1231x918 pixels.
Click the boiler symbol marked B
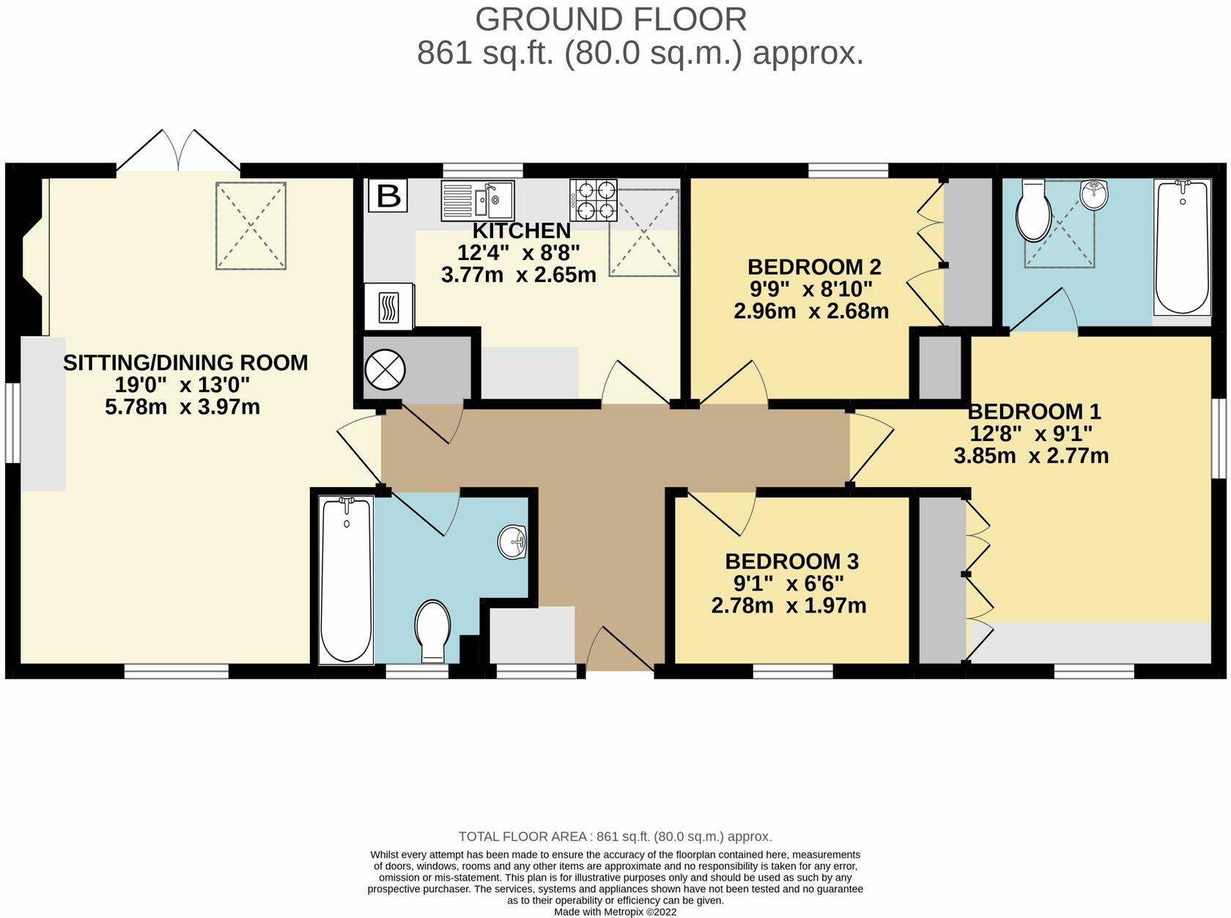click(388, 196)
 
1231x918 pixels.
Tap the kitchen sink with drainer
click(478, 200)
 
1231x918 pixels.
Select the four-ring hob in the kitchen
click(592, 200)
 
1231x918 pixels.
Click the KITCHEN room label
click(521, 231)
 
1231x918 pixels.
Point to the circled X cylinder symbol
click(385, 370)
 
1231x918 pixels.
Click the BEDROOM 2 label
click(813, 266)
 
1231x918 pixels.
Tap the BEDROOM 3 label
click(791, 562)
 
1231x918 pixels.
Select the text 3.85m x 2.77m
click(1030, 456)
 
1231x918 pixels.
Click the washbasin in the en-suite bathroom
click(1095, 195)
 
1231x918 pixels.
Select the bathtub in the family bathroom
click(346, 579)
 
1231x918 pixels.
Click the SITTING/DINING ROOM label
click(185, 363)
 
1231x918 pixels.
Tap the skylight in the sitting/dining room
click(251, 226)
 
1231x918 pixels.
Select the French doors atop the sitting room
click(178, 152)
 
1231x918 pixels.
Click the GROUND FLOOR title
click(610, 19)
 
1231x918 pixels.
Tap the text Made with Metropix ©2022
click(615, 912)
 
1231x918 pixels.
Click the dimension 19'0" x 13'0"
click(182, 385)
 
